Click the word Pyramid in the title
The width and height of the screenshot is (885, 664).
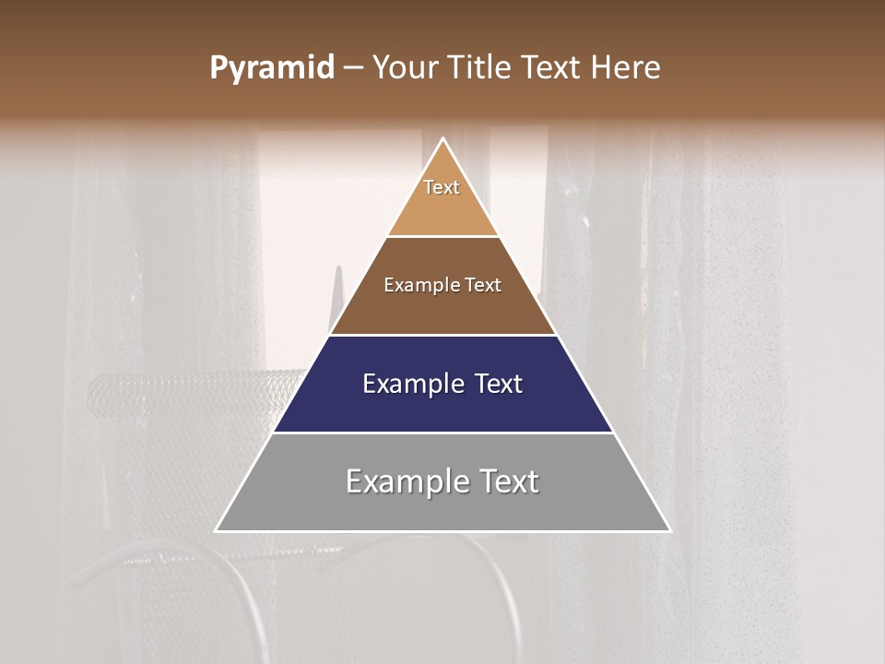(271, 68)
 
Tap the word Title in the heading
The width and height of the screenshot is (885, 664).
(481, 68)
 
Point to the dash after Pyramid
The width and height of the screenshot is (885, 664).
(352, 68)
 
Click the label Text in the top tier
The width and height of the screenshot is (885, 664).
(442, 187)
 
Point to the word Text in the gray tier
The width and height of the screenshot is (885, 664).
(507, 481)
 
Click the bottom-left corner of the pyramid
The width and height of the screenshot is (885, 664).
(216, 531)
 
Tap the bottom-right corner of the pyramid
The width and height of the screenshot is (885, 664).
(670, 531)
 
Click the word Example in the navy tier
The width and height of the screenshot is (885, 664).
(409, 384)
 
